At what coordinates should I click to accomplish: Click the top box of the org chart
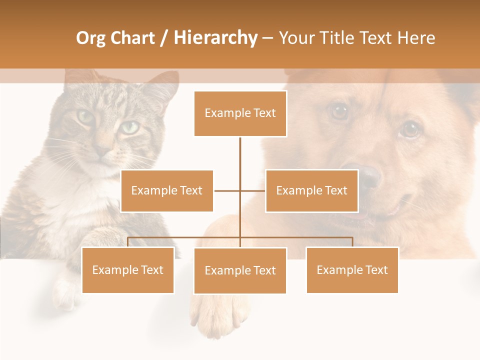click(240, 113)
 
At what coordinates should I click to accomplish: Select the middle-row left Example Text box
click(166, 190)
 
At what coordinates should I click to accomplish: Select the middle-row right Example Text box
click(311, 190)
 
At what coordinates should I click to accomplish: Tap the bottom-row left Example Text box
click(127, 270)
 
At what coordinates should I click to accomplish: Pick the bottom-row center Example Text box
click(240, 270)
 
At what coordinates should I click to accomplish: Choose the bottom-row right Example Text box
click(352, 270)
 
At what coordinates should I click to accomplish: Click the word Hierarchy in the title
click(215, 38)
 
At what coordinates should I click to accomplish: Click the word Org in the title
click(90, 38)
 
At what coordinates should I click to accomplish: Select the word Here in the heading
click(416, 38)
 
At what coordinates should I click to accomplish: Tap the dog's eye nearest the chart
click(340, 111)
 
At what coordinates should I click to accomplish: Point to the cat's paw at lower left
click(65, 292)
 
